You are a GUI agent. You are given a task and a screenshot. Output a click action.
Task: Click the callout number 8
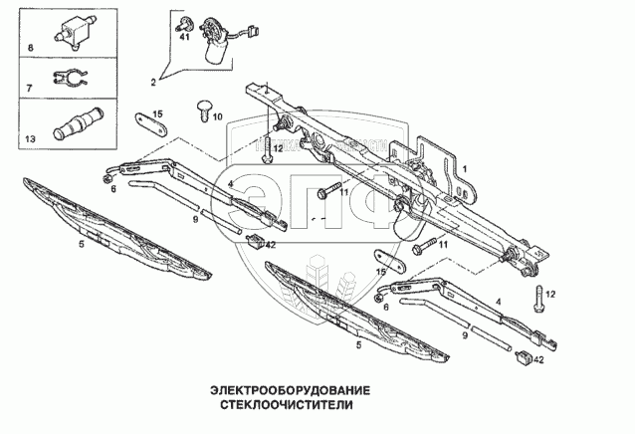click(x=30, y=48)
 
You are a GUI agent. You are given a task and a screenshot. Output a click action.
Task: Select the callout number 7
click(x=30, y=90)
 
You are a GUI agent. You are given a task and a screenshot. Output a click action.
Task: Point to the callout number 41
click(x=183, y=37)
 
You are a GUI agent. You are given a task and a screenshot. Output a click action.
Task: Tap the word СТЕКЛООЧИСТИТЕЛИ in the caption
click(x=282, y=407)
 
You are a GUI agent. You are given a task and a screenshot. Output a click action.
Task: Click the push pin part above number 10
click(x=206, y=104)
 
